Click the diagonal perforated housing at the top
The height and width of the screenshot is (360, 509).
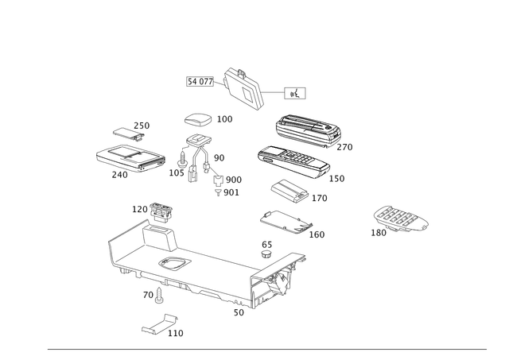[x=245, y=86]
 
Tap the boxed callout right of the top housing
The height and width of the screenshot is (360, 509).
[x=295, y=93]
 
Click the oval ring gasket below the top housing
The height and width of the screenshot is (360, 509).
[x=197, y=120]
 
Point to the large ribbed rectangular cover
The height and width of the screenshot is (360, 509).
[x=306, y=131]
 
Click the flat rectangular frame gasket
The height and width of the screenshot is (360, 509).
[x=285, y=220]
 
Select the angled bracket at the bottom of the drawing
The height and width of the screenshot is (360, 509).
[x=159, y=325]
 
